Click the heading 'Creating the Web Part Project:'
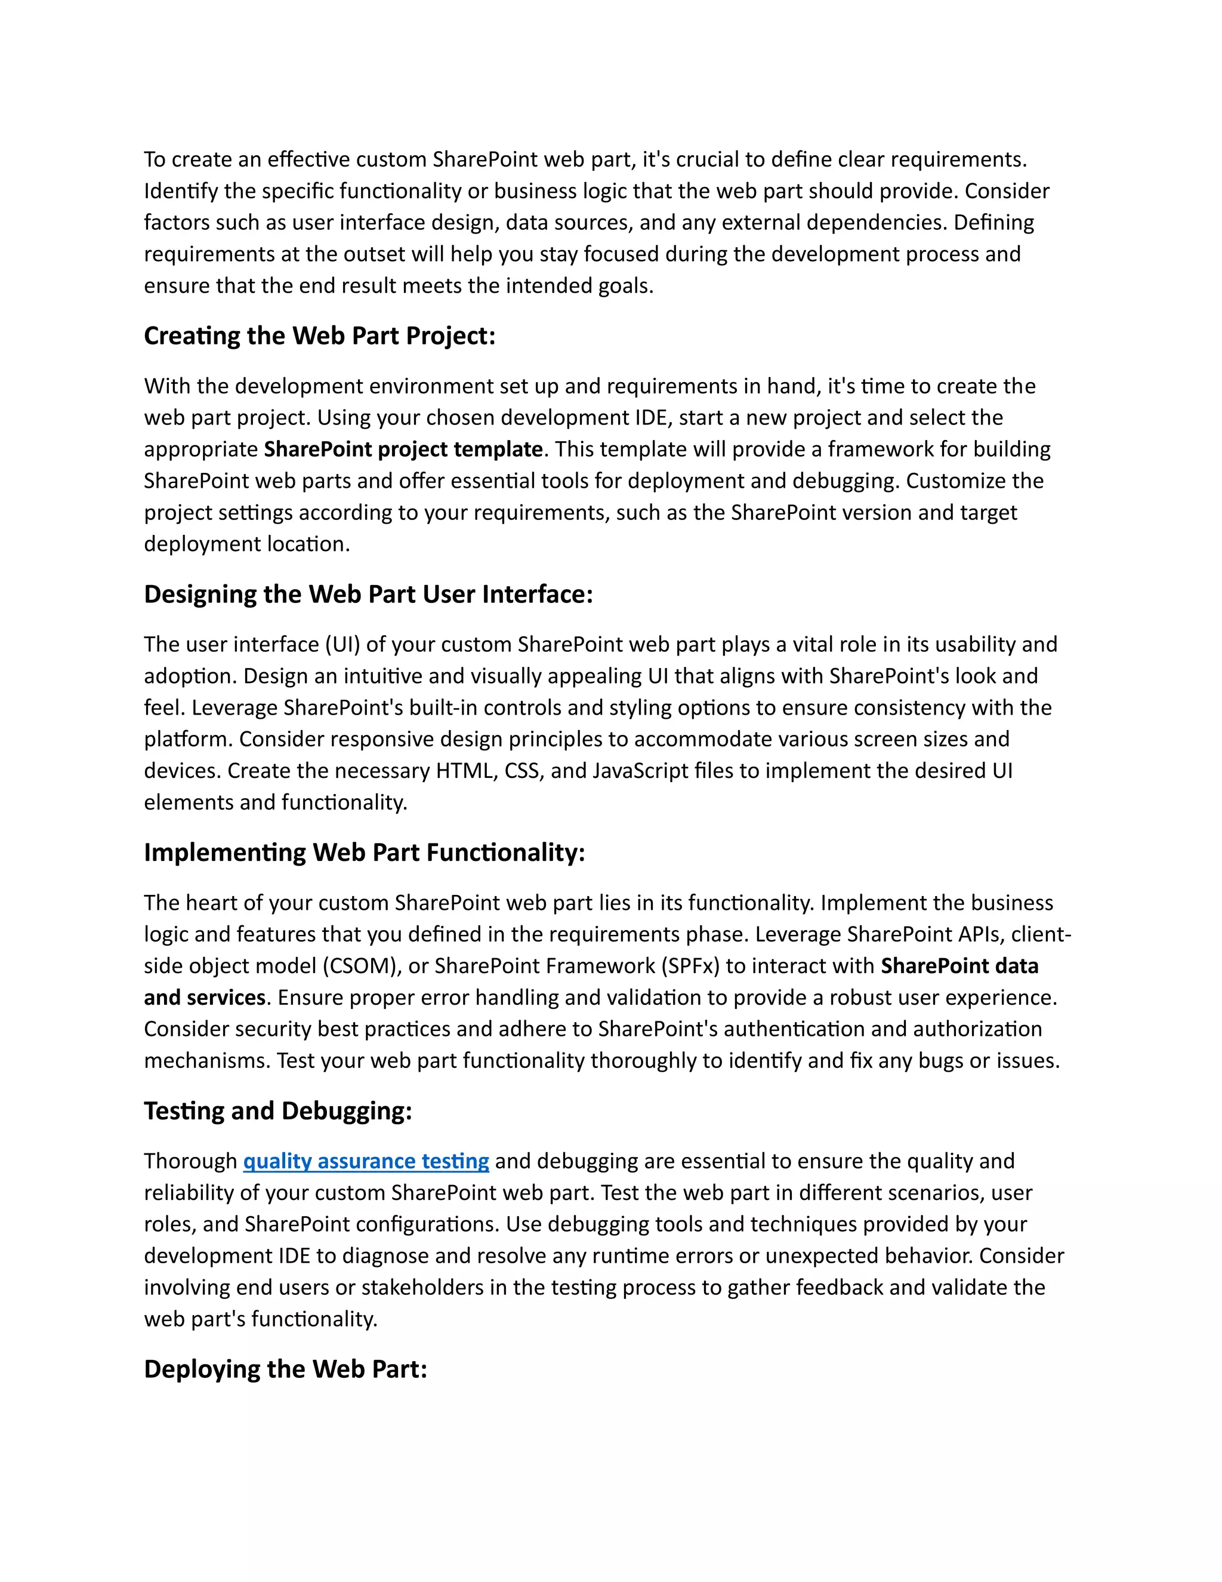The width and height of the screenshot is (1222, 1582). click(x=319, y=336)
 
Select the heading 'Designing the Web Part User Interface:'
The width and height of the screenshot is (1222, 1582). click(x=368, y=595)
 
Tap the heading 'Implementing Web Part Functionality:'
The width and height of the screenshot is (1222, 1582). click(x=364, y=852)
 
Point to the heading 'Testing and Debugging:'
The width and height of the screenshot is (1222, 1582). click(x=278, y=1111)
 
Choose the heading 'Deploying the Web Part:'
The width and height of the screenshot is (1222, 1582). click(x=285, y=1369)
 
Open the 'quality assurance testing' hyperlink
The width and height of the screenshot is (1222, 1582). click(x=366, y=1161)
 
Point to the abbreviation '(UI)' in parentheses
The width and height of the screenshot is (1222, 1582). click(x=342, y=645)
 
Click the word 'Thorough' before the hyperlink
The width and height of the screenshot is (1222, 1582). click(x=190, y=1161)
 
